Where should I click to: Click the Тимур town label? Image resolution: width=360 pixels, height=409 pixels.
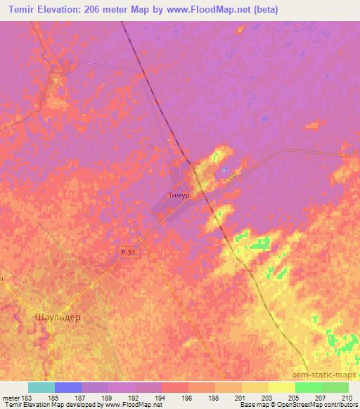tap(179, 196)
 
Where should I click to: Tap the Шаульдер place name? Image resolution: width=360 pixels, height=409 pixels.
tap(57, 317)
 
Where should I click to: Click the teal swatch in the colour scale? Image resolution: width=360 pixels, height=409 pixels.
tap(41, 387)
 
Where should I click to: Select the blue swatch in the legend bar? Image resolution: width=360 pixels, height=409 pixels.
tap(67, 387)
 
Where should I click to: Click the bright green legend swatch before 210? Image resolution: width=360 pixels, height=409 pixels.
tap(335, 387)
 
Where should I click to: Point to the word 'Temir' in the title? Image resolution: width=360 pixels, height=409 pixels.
tap(19, 10)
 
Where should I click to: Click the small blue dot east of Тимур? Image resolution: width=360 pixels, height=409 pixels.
tap(224, 169)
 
